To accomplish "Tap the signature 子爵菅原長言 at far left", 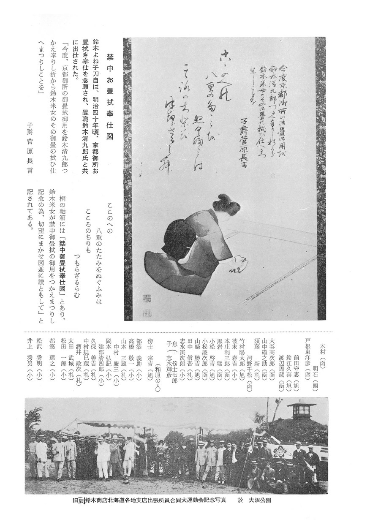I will (x=30, y=148).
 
